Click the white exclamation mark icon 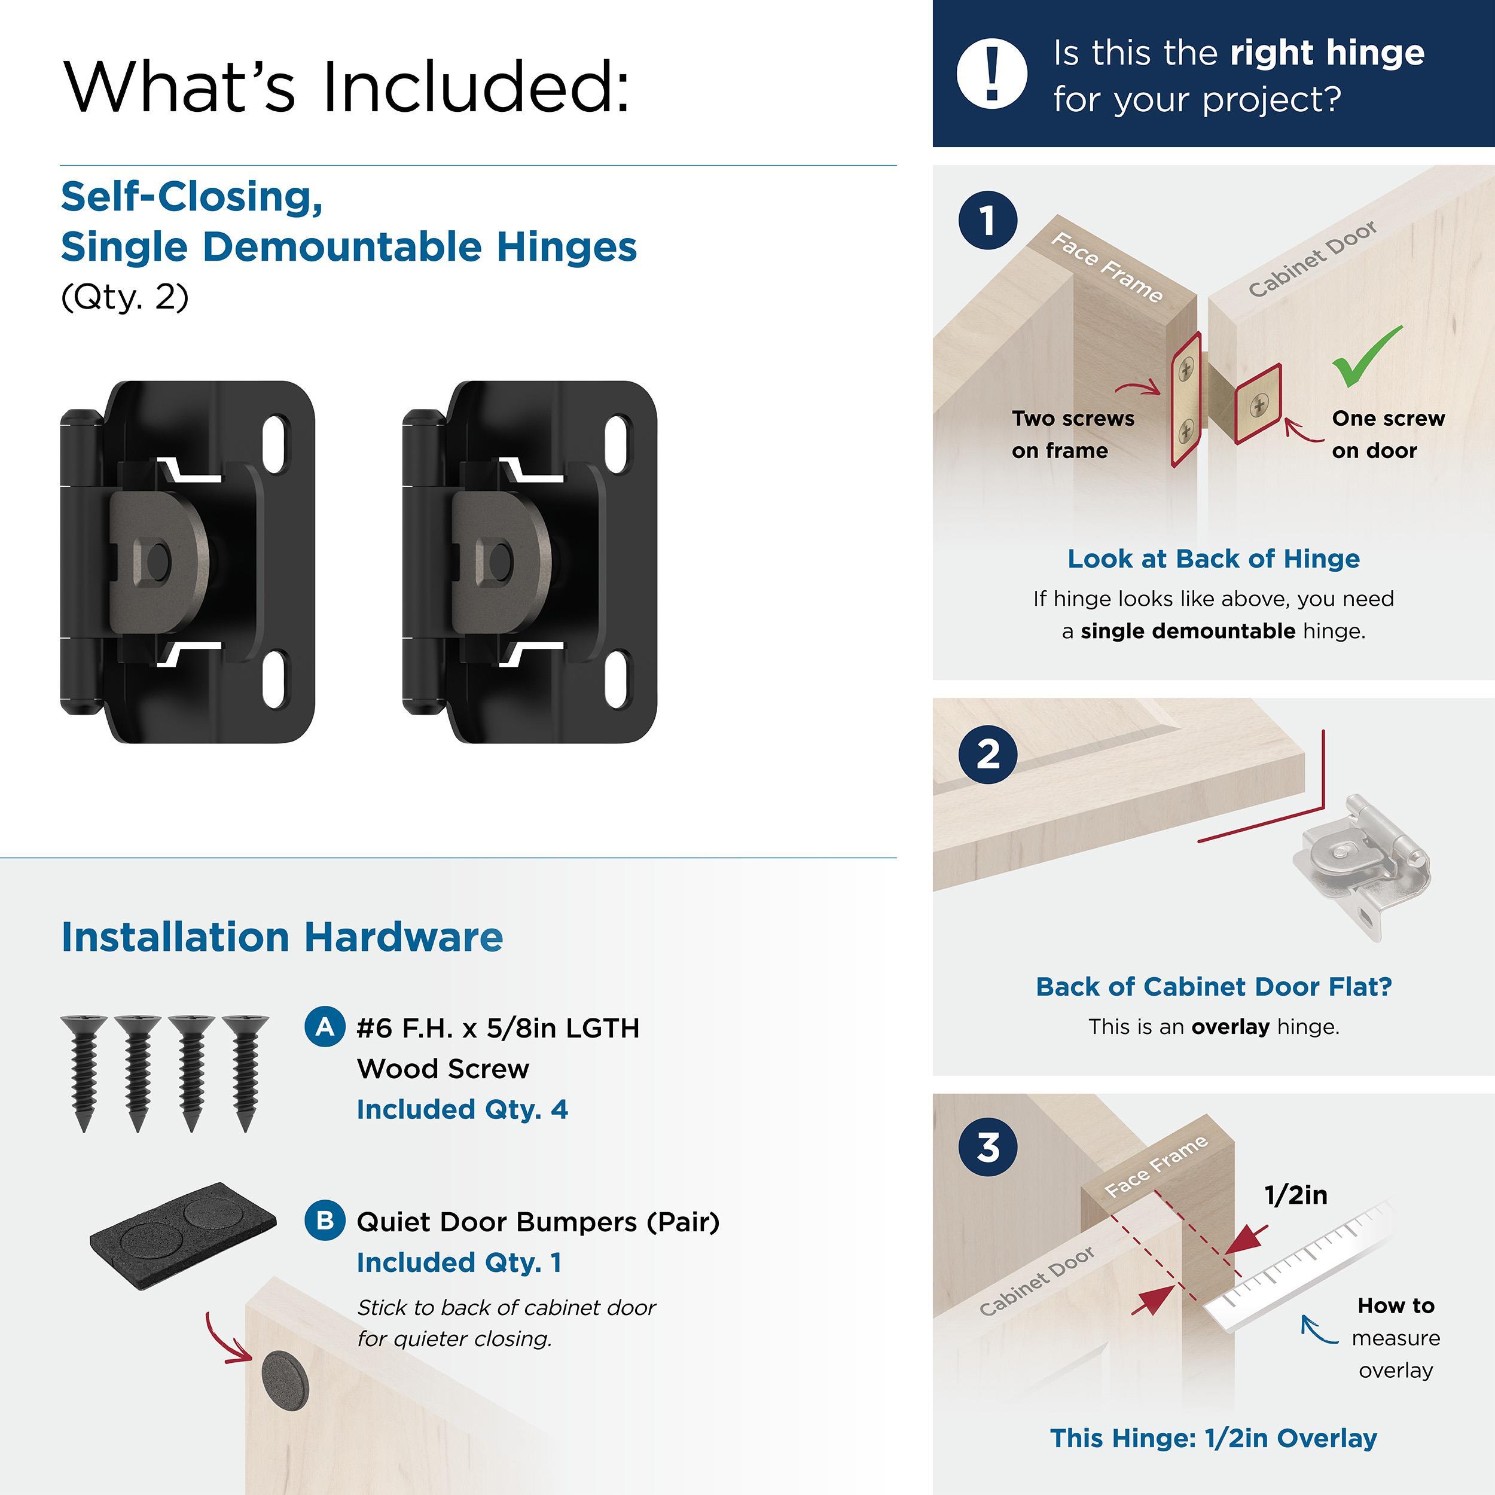click(x=992, y=74)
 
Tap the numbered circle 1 click(x=988, y=221)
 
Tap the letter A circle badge click(x=325, y=1027)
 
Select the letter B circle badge click(x=325, y=1221)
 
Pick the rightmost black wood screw click(x=245, y=1072)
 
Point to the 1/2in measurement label click(x=1295, y=1195)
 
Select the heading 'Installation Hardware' click(x=282, y=937)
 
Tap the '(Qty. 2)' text click(x=124, y=297)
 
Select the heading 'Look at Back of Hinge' click(x=1213, y=559)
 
